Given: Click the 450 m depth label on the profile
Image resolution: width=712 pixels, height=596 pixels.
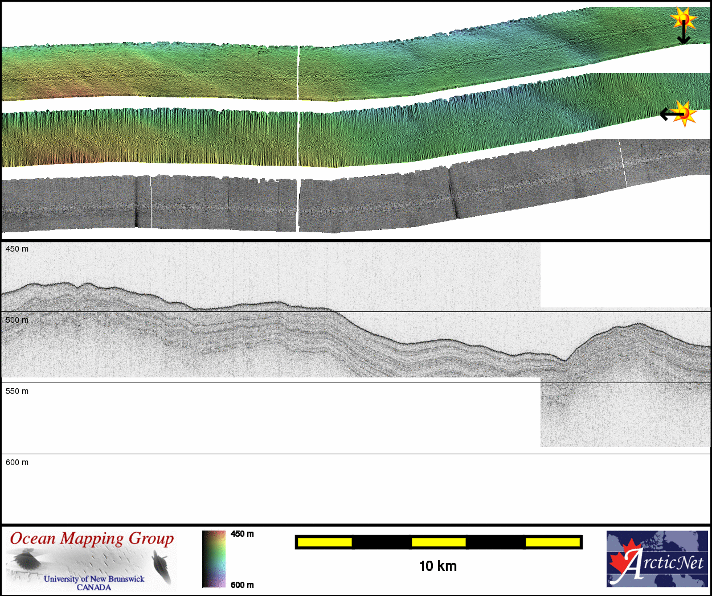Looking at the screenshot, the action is pos(17,249).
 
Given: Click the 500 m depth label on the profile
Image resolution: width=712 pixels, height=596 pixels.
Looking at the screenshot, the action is pos(17,320).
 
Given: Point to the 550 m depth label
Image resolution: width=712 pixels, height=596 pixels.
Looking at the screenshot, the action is pos(17,392).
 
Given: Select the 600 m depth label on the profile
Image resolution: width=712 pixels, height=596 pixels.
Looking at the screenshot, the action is pos(17,462).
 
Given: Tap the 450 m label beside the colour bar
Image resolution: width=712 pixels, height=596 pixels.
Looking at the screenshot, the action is pos(242,534).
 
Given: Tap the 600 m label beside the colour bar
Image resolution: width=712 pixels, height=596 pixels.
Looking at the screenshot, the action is pos(242,585).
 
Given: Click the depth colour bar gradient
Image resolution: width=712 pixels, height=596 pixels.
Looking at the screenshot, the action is pos(214,559).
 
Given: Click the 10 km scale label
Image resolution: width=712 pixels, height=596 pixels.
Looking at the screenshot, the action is pos(438,566).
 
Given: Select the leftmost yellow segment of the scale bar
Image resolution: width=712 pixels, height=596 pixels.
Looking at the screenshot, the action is pos(325,542).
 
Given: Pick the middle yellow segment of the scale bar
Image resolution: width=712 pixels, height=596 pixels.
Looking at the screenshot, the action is pos(439,542).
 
